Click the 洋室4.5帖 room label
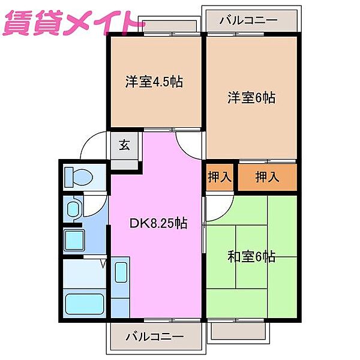(154, 82)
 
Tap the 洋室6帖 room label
(251, 97)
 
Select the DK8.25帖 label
(158, 224)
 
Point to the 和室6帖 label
(252, 257)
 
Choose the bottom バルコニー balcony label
(155, 337)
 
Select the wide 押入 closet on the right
(267, 177)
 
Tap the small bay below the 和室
(238, 329)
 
